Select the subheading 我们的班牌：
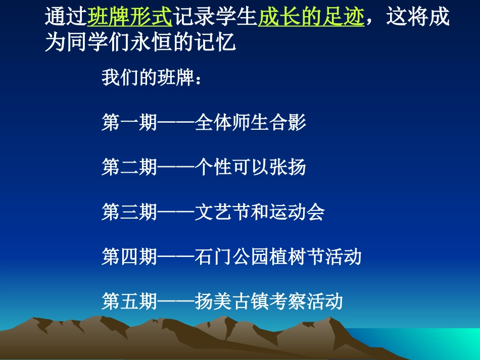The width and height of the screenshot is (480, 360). tap(152, 79)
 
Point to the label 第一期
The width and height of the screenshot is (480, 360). tap(129, 123)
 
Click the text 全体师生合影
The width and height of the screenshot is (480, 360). tap(250, 123)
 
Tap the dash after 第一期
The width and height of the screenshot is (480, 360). tap(176, 123)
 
